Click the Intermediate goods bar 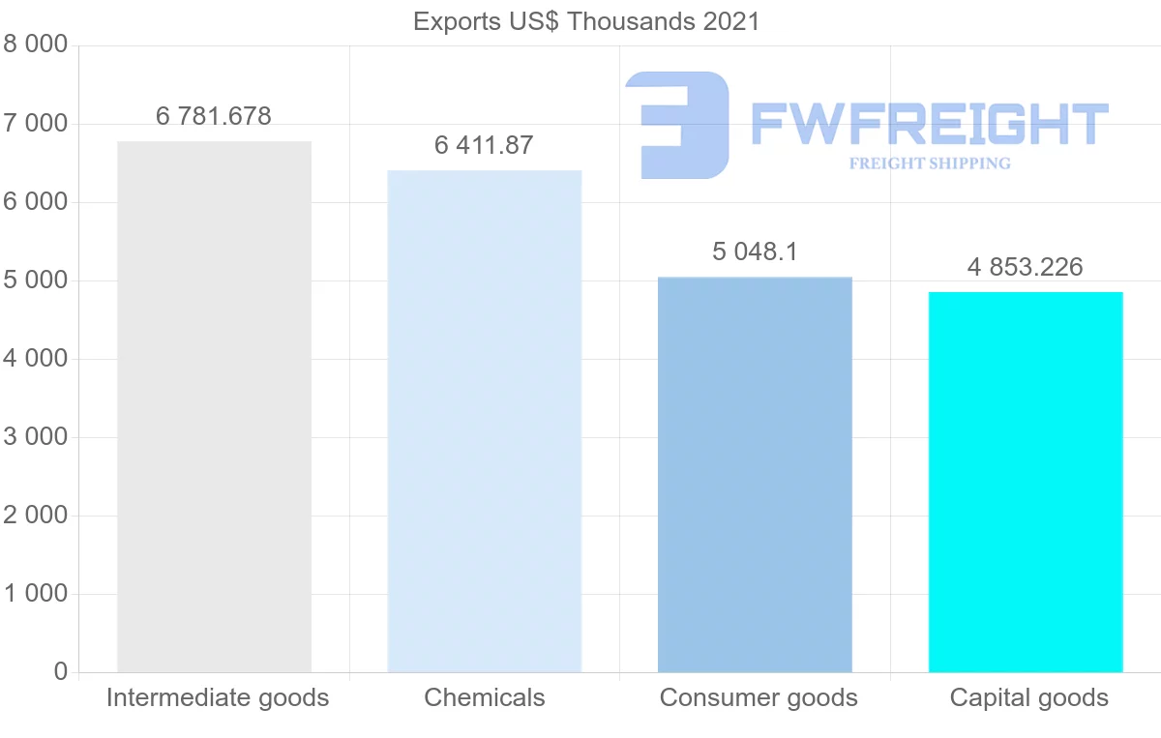click(214, 406)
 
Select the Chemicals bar click(484, 421)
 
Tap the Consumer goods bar click(755, 474)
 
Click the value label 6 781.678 click(214, 116)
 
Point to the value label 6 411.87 click(484, 145)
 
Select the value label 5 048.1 click(755, 252)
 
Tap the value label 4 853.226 click(1026, 267)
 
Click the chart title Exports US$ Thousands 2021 click(586, 21)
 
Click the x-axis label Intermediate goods click(218, 697)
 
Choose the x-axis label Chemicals click(485, 697)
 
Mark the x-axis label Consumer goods click(759, 697)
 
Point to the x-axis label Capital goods click(1029, 697)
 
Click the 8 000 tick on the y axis click(36, 45)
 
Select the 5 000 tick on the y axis click(36, 280)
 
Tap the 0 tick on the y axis click(61, 672)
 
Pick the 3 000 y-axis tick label click(36, 437)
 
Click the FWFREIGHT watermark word click(929, 124)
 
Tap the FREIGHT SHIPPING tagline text click(930, 163)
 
